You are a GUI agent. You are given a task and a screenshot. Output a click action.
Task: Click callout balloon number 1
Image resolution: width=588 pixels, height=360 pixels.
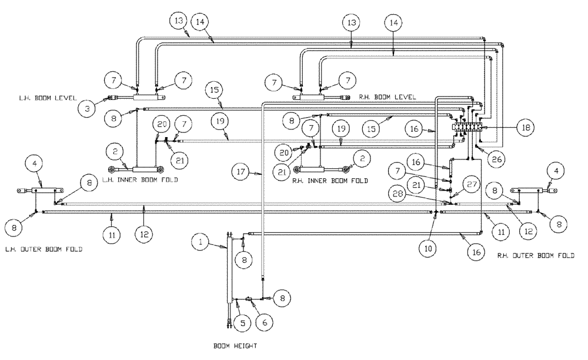201,242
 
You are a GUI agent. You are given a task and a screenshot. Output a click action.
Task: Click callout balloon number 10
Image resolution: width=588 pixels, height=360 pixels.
427,248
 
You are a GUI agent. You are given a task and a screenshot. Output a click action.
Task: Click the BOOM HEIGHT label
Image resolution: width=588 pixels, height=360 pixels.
235,346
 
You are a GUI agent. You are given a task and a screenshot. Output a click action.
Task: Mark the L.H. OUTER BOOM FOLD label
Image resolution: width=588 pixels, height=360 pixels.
44,249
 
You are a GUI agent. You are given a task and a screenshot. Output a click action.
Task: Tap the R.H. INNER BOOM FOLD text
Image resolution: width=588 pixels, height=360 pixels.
330,181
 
